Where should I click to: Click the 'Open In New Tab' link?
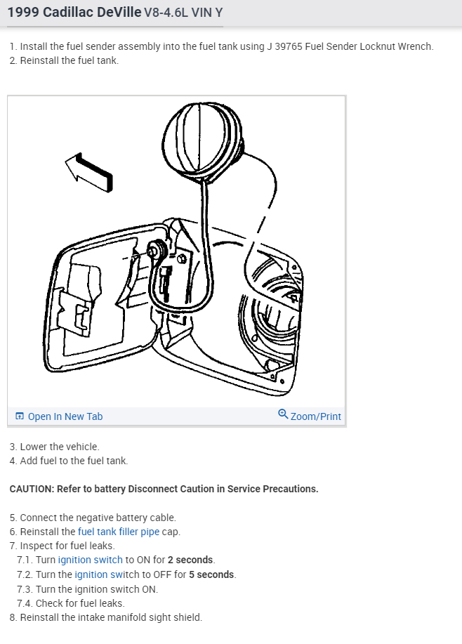coord(65,416)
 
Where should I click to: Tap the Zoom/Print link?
coord(315,416)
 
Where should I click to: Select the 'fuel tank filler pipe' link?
coord(119,532)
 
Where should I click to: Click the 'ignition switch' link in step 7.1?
coord(90,560)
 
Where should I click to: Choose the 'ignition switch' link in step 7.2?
coord(107,574)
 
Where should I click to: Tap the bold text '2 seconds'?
coord(191,560)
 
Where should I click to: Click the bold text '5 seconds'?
coord(212,574)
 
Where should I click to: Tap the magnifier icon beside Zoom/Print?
coord(283,414)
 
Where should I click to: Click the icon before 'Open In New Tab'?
coord(20,416)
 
